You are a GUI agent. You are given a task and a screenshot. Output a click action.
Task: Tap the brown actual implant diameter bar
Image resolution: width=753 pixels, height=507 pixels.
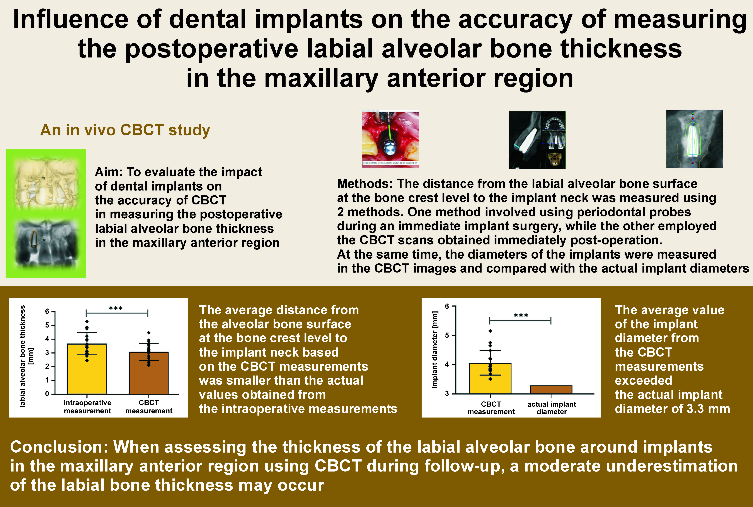[x=551, y=390]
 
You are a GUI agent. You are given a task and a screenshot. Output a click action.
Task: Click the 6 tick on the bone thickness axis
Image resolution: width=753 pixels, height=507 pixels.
[x=47, y=311]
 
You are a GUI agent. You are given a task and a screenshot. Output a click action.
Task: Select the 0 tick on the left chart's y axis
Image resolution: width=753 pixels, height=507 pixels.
[x=47, y=394]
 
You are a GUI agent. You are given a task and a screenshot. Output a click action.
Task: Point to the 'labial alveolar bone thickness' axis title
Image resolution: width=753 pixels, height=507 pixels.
[x=23, y=356]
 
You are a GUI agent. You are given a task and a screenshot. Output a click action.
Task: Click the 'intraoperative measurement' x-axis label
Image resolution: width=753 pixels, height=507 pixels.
[x=87, y=407]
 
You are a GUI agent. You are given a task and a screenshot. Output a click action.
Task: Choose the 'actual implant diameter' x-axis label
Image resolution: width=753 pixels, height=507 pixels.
[x=552, y=408]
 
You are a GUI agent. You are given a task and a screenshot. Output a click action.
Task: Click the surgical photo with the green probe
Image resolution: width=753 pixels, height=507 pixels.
[x=390, y=139]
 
